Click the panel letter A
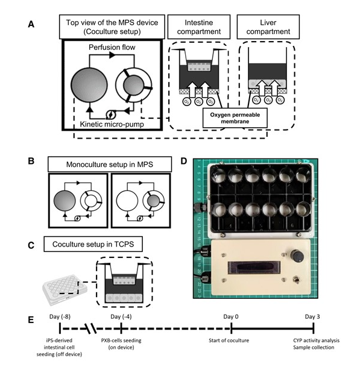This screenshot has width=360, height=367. pyautogui.click(x=31, y=24)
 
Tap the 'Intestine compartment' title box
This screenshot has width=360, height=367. pyautogui.click(x=199, y=27)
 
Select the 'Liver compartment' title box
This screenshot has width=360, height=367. pyautogui.click(x=268, y=27)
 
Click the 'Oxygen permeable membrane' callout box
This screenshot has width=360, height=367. pyautogui.click(x=235, y=118)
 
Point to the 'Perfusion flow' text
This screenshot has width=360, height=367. pyautogui.click(x=112, y=47)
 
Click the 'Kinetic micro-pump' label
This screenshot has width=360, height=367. pyautogui.click(x=112, y=124)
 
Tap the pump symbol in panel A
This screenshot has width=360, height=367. pyautogui.click(x=110, y=115)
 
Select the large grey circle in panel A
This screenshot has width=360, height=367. pyautogui.click(x=89, y=85)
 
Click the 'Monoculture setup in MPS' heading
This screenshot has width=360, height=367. pyautogui.click(x=110, y=165)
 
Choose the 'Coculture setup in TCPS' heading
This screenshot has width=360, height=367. pyautogui.click(x=93, y=244)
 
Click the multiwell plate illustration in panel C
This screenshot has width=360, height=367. pyautogui.click(x=65, y=290)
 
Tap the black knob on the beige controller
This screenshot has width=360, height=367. pyautogui.click(x=297, y=256)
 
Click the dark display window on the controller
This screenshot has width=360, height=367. pyautogui.click(x=254, y=268)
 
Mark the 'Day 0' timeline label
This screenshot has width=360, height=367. pyautogui.click(x=231, y=316)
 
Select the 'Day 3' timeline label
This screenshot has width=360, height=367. pyautogui.click(x=312, y=316)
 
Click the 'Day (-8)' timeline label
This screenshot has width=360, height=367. pyautogui.click(x=60, y=316)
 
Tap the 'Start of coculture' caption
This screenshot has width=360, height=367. pyautogui.click(x=229, y=340)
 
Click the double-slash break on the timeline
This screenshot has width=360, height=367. pyautogui.click(x=91, y=328)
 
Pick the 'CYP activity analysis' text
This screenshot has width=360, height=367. pyautogui.click(x=316, y=340)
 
